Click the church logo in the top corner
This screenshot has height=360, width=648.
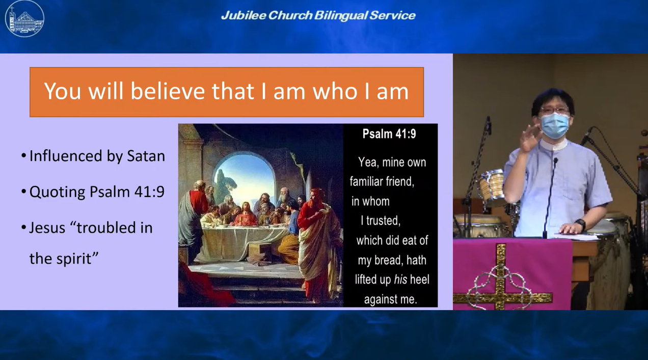24,18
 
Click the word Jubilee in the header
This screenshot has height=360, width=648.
244,15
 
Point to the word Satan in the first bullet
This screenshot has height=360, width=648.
146,156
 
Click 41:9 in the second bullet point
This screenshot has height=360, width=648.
149,191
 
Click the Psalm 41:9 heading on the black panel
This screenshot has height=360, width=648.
389,134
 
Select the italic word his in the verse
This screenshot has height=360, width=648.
400,280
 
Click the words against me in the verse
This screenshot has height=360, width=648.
391,299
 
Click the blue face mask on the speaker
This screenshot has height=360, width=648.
555,125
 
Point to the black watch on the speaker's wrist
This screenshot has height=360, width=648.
580,225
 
